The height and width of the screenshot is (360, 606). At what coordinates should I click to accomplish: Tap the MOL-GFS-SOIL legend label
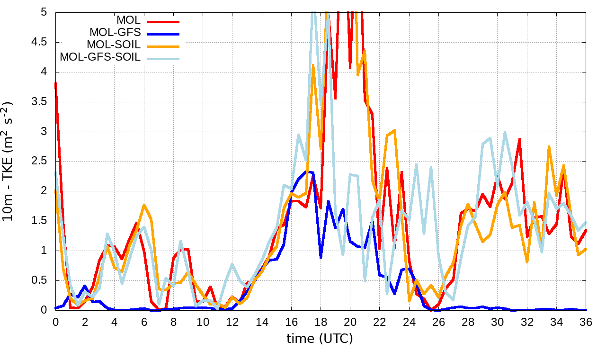pos(100,57)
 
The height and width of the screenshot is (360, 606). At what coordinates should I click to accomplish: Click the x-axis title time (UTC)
pos(320,339)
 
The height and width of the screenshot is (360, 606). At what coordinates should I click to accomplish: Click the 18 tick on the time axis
pos(321,322)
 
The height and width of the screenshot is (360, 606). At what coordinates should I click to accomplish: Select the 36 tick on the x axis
pos(586,322)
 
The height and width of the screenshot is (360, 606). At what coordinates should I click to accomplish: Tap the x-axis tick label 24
pos(409,322)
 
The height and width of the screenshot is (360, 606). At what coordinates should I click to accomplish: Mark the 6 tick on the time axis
pos(144,322)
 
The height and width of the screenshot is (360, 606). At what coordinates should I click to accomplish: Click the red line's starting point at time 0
pos(55,83)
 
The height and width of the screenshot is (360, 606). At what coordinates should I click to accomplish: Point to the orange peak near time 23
pos(394,130)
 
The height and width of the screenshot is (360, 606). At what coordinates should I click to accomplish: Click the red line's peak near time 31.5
pos(519,139)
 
